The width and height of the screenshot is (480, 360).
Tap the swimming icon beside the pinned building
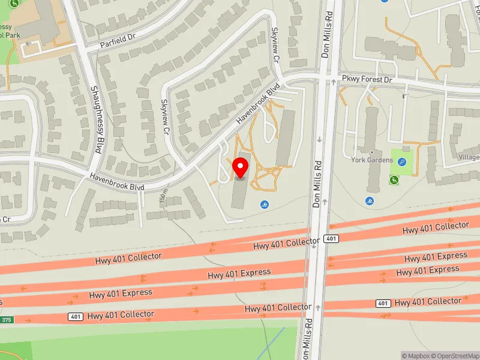[x=265, y=205]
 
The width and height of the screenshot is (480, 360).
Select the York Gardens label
[x=372, y=160]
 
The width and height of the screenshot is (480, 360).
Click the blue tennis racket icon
[x=402, y=161]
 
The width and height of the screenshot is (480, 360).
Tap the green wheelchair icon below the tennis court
[x=394, y=180]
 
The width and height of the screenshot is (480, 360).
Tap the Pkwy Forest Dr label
[x=367, y=79]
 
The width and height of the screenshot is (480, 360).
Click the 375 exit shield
[x=6, y=320]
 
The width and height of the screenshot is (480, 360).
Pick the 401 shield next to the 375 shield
[x=75, y=316]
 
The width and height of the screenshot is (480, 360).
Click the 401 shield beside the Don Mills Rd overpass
[x=331, y=239]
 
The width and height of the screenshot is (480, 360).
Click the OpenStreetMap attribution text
[x=457, y=356]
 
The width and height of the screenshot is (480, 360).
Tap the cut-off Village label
[x=468, y=157]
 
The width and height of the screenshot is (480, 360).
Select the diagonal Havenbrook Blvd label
[x=259, y=103]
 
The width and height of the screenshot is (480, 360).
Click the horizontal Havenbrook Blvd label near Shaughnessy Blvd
[x=117, y=182]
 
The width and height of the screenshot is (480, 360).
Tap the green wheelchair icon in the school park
[x=14, y=4]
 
